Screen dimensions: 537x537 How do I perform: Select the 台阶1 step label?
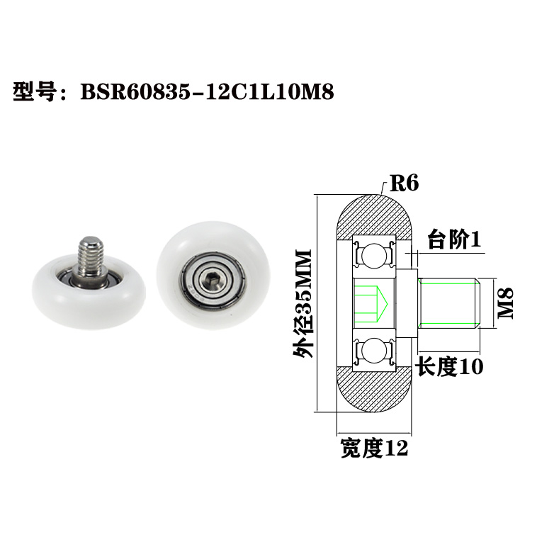pyautogui.click(x=453, y=240)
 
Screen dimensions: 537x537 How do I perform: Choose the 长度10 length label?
pyautogui.click(x=448, y=367)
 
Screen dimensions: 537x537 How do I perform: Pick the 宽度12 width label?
pyautogui.click(x=373, y=448)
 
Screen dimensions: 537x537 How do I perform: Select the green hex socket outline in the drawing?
pyautogui.click(x=369, y=303)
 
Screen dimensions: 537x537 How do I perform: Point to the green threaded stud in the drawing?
pyautogui.click(x=450, y=303)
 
